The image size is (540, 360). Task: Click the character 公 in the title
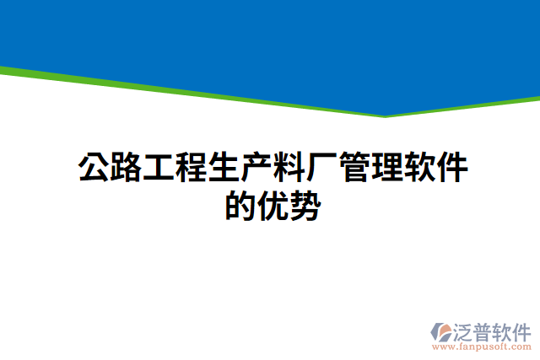point(94,168)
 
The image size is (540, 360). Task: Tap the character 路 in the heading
point(127,168)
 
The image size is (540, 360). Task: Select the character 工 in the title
point(159,168)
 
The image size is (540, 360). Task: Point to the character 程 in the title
point(192,168)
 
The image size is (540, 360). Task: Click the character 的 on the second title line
point(240,205)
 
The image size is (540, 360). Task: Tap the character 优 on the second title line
point(273,205)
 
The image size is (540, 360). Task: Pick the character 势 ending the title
point(305,205)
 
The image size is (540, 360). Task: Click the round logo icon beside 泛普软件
point(440,330)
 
